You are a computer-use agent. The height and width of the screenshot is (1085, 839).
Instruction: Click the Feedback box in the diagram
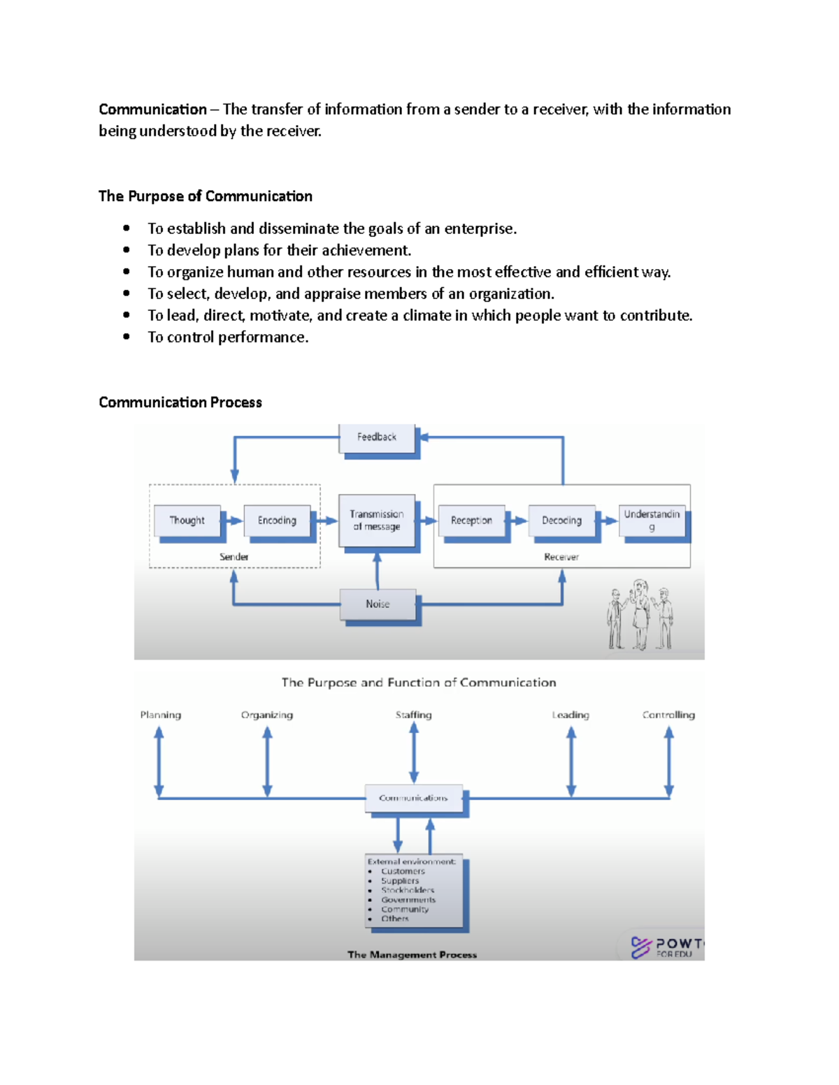tap(377, 437)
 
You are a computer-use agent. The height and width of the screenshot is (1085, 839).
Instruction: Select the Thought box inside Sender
tap(187, 520)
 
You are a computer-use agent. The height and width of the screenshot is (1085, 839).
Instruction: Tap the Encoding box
tap(277, 520)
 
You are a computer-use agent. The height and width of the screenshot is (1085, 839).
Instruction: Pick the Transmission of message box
tap(377, 520)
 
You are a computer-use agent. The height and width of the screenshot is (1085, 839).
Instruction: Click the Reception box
tap(471, 520)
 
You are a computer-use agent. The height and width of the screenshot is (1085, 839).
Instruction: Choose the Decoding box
tap(561, 520)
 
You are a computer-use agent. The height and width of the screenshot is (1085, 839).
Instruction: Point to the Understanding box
tap(652, 520)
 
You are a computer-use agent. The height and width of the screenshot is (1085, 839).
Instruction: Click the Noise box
tap(378, 604)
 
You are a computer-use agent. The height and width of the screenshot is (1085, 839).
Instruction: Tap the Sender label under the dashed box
tap(234, 557)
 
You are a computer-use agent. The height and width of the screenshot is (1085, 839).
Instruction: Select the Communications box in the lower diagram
tap(414, 798)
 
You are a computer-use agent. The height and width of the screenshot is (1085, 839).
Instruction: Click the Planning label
tap(160, 715)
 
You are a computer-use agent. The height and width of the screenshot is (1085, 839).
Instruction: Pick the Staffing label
tap(413, 715)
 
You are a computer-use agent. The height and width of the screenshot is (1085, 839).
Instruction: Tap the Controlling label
tap(668, 715)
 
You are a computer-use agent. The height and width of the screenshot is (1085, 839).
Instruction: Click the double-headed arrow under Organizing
tap(267, 762)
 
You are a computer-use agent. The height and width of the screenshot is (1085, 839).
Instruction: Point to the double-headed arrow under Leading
tap(571, 762)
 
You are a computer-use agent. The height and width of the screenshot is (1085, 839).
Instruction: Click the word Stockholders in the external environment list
tap(408, 890)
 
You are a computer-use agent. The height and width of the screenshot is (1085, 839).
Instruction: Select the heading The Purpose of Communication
tap(205, 196)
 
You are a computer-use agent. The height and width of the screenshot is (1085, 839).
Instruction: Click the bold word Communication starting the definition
tap(152, 110)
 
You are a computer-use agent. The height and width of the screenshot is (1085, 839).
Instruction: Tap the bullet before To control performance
tap(127, 337)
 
